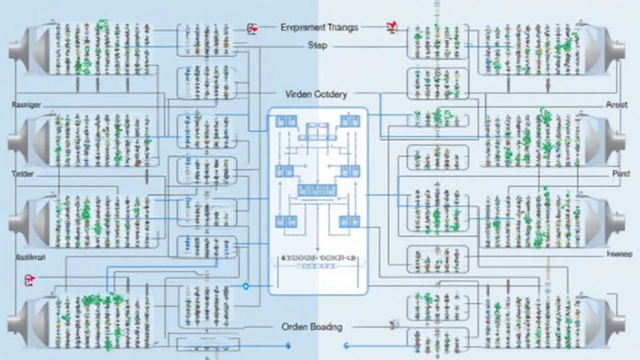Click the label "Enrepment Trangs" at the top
(x=319, y=27)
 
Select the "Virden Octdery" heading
(x=316, y=94)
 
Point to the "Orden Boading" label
(x=312, y=327)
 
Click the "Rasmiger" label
(x=26, y=106)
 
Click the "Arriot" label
(x=616, y=106)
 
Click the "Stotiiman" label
(x=30, y=257)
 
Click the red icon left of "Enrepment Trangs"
(x=252, y=27)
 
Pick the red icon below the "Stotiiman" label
(x=28, y=279)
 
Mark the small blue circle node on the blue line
(x=245, y=286)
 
